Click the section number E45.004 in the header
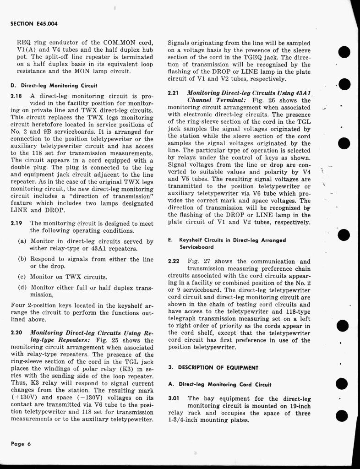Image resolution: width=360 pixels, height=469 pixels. pos(47,23)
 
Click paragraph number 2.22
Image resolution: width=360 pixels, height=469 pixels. pos(174,262)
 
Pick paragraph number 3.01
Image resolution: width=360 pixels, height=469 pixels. pos(174,398)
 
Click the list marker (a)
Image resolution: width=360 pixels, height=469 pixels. pos(22,241)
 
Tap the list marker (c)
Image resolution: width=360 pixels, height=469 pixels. pos(22,277)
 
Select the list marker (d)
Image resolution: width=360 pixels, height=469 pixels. pos(22,288)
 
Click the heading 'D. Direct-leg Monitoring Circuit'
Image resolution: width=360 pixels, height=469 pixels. pos(53,85)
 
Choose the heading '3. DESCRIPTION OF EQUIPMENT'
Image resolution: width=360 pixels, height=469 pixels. pos(213,367)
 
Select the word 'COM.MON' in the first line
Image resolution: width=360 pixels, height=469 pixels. pos(91,43)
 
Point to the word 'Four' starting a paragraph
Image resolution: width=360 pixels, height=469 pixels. pos(18,305)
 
